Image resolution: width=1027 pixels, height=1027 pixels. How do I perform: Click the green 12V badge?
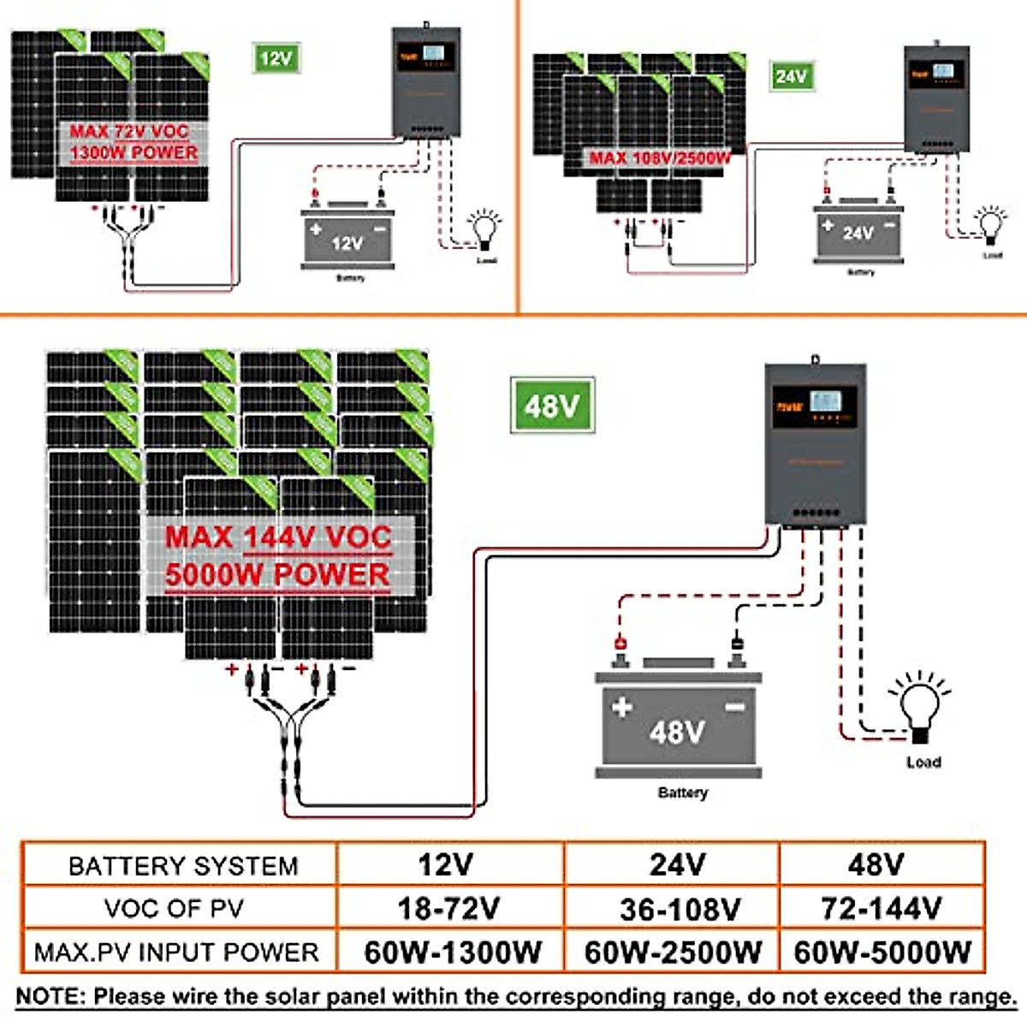click(x=276, y=58)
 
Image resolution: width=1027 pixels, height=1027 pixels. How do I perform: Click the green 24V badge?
click(x=791, y=76)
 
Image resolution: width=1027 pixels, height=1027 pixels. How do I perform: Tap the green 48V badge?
click(x=552, y=405)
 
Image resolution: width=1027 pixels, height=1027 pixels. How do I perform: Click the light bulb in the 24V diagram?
click(x=993, y=225)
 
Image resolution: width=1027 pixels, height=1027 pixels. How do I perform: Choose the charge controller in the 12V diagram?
click(x=425, y=81)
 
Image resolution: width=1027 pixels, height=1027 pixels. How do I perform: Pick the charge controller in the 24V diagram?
click(x=937, y=98)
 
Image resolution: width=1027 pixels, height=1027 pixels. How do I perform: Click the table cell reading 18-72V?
click(x=448, y=907)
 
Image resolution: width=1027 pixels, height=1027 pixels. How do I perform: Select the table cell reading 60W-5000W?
click(x=882, y=952)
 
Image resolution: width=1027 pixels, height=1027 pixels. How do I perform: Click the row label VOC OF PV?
click(x=174, y=908)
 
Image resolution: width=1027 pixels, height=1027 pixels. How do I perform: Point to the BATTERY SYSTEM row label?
click(x=183, y=865)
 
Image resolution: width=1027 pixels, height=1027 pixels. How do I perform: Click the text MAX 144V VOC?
click(x=278, y=537)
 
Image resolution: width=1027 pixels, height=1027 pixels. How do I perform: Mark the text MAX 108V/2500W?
click(x=660, y=157)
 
